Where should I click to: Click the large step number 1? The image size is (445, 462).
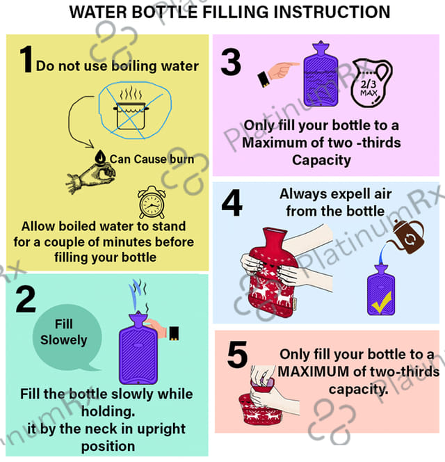[26, 59]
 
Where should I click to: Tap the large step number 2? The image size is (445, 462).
[26, 299]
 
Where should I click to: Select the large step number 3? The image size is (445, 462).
[231, 63]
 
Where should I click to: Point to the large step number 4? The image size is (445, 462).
[232, 202]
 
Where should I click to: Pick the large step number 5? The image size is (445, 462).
[237, 354]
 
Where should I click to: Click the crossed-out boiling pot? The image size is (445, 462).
[131, 112]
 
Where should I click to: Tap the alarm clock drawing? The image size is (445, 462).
[152, 202]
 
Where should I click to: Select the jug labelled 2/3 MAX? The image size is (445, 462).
[371, 83]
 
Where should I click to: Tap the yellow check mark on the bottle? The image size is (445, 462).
[382, 303]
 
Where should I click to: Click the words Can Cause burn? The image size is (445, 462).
[152, 159]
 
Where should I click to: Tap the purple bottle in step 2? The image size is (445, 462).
[138, 348]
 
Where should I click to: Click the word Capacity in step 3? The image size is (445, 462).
[321, 161]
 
